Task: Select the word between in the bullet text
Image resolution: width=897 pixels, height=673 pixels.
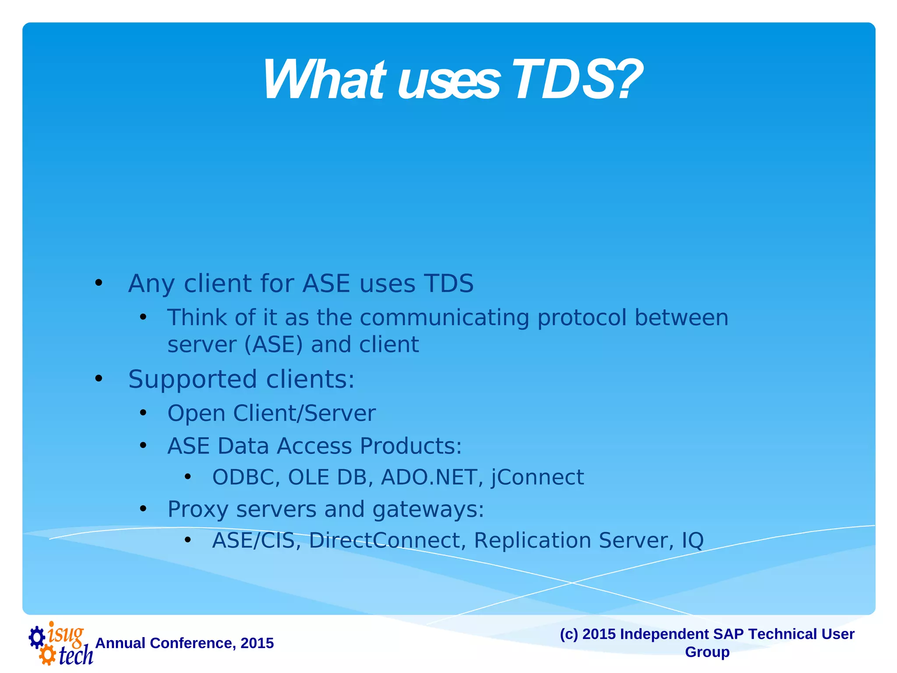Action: [x=681, y=318]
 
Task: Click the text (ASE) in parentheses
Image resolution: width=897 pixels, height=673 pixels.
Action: [x=273, y=345]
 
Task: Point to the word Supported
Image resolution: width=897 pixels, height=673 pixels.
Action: [x=192, y=379]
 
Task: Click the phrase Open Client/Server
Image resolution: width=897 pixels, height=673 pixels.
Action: [x=271, y=414]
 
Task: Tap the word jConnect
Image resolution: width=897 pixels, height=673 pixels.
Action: [x=537, y=478]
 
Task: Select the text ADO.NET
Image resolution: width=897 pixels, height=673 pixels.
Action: [x=428, y=477]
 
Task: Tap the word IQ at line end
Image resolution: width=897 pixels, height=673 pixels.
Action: [x=692, y=541]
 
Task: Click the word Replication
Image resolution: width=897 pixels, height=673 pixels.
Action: [x=532, y=541]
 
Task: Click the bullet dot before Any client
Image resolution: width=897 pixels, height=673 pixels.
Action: [x=99, y=283]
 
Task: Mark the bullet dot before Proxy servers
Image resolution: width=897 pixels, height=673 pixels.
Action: [x=143, y=509]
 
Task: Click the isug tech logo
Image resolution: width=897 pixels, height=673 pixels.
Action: [x=61, y=644]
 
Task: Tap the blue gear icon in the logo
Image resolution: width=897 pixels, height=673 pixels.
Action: [x=37, y=637]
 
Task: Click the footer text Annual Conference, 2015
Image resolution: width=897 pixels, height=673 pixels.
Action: [x=184, y=643]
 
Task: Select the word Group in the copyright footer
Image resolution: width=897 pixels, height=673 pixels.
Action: [x=707, y=652]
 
